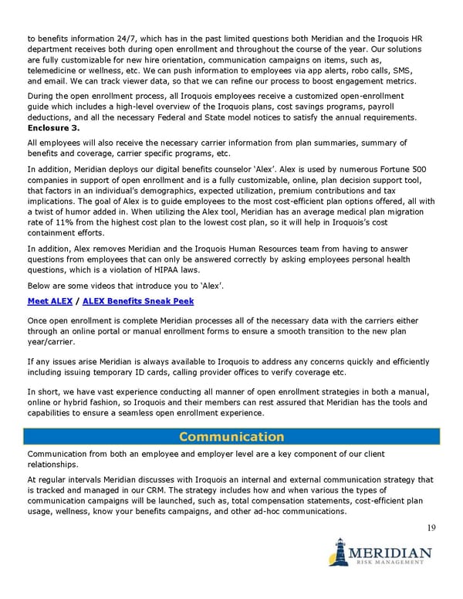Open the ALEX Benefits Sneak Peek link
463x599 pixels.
point(139,301)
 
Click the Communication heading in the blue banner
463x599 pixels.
point(231,437)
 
